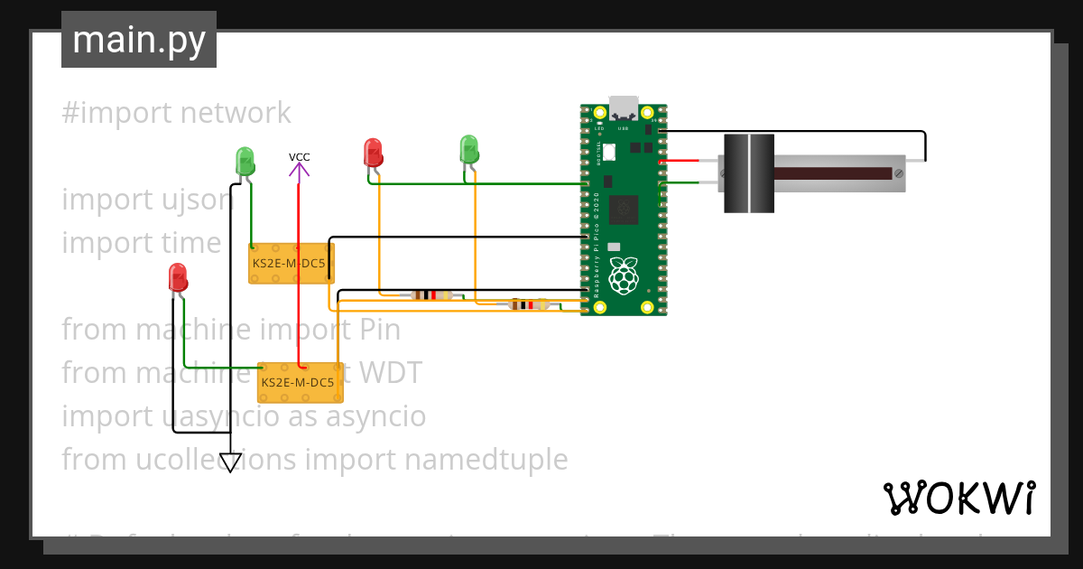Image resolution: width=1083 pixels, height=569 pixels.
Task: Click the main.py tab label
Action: point(138,40)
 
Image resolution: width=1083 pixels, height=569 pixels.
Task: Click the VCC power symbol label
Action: point(299,157)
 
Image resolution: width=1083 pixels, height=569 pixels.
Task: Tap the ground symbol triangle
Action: point(231,462)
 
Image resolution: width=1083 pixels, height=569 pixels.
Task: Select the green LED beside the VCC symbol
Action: point(245,161)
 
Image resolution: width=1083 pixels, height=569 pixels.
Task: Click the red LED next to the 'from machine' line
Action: point(178,277)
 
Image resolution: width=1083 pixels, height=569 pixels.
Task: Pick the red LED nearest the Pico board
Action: point(373,152)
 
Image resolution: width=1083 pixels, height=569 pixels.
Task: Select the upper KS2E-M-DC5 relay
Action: point(292,264)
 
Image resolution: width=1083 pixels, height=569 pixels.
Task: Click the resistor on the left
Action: point(430,294)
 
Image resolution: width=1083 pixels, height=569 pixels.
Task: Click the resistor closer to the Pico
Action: point(528,304)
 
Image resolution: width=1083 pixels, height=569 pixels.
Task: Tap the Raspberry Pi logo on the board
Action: point(623,275)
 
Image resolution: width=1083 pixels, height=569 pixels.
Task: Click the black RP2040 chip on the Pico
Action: point(624,210)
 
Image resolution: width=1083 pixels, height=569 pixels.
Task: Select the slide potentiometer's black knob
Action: point(749,173)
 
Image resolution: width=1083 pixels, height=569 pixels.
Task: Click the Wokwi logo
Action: point(958,498)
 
